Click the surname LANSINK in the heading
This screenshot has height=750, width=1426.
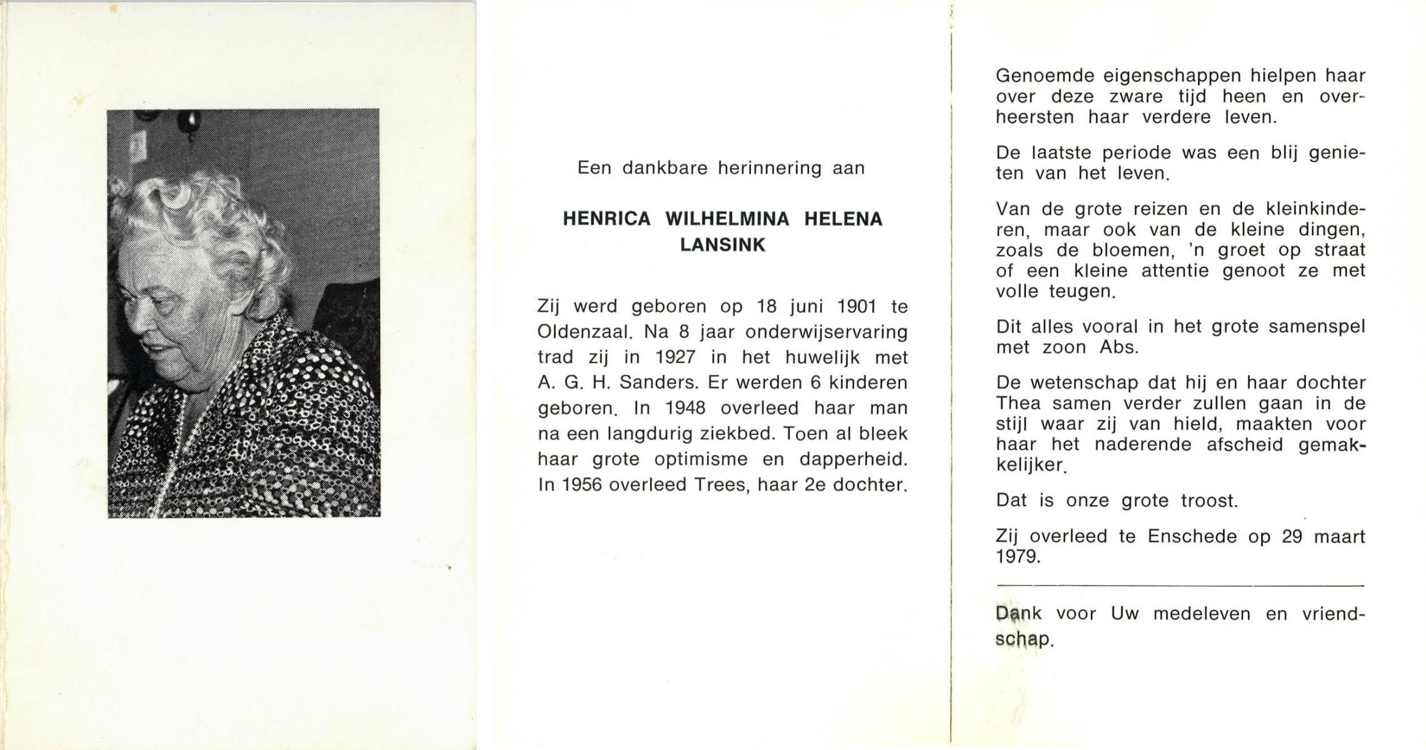(x=722, y=245)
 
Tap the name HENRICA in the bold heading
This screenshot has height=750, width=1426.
(x=607, y=219)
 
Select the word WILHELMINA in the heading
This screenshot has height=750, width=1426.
(x=726, y=219)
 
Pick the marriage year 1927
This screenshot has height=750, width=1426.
(x=675, y=357)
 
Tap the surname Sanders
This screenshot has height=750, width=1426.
(x=656, y=383)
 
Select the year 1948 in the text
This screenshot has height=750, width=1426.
(x=685, y=409)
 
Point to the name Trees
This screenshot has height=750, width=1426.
(x=721, y=485)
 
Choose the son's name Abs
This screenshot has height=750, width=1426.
(x=1119, y=347)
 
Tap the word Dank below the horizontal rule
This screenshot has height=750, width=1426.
(x=1018, y=614)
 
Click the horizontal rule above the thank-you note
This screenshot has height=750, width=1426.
(x=1179, y=586)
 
